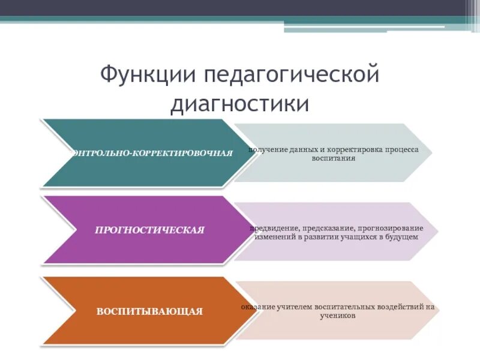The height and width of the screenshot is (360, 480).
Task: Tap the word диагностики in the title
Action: (240, 103)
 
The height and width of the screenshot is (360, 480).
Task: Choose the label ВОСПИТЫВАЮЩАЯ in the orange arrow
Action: (150, 311)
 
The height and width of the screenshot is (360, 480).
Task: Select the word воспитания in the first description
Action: (334, 158)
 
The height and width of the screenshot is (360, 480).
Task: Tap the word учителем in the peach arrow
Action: (297, 308)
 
